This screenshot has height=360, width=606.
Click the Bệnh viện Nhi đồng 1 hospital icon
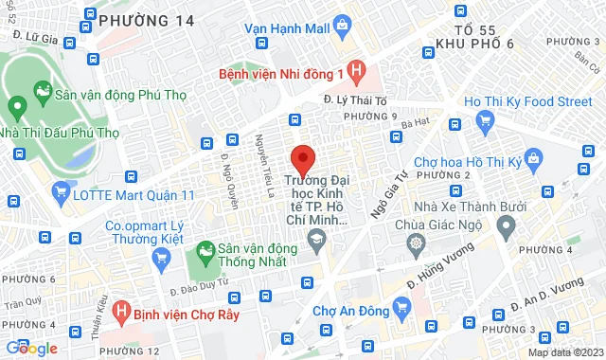[x=356, y=70]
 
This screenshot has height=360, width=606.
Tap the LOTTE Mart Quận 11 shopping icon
[x=62, y=194]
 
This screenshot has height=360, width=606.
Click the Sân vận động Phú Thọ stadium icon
[x=42, y=93]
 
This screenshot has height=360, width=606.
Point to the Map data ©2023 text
[x=565, y=352]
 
